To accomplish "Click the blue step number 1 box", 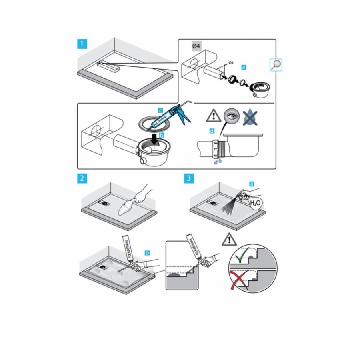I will pyautogui.click(x=82, y=44).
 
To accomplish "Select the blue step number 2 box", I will pyautogui.click(x=82, y=178).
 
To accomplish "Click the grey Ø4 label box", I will pyautogui.click(x=196, y=47).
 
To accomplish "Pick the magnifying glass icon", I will pyautogui.click(x=276, y=64).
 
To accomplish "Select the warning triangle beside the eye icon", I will pyautogui.click(x=214, y=116).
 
